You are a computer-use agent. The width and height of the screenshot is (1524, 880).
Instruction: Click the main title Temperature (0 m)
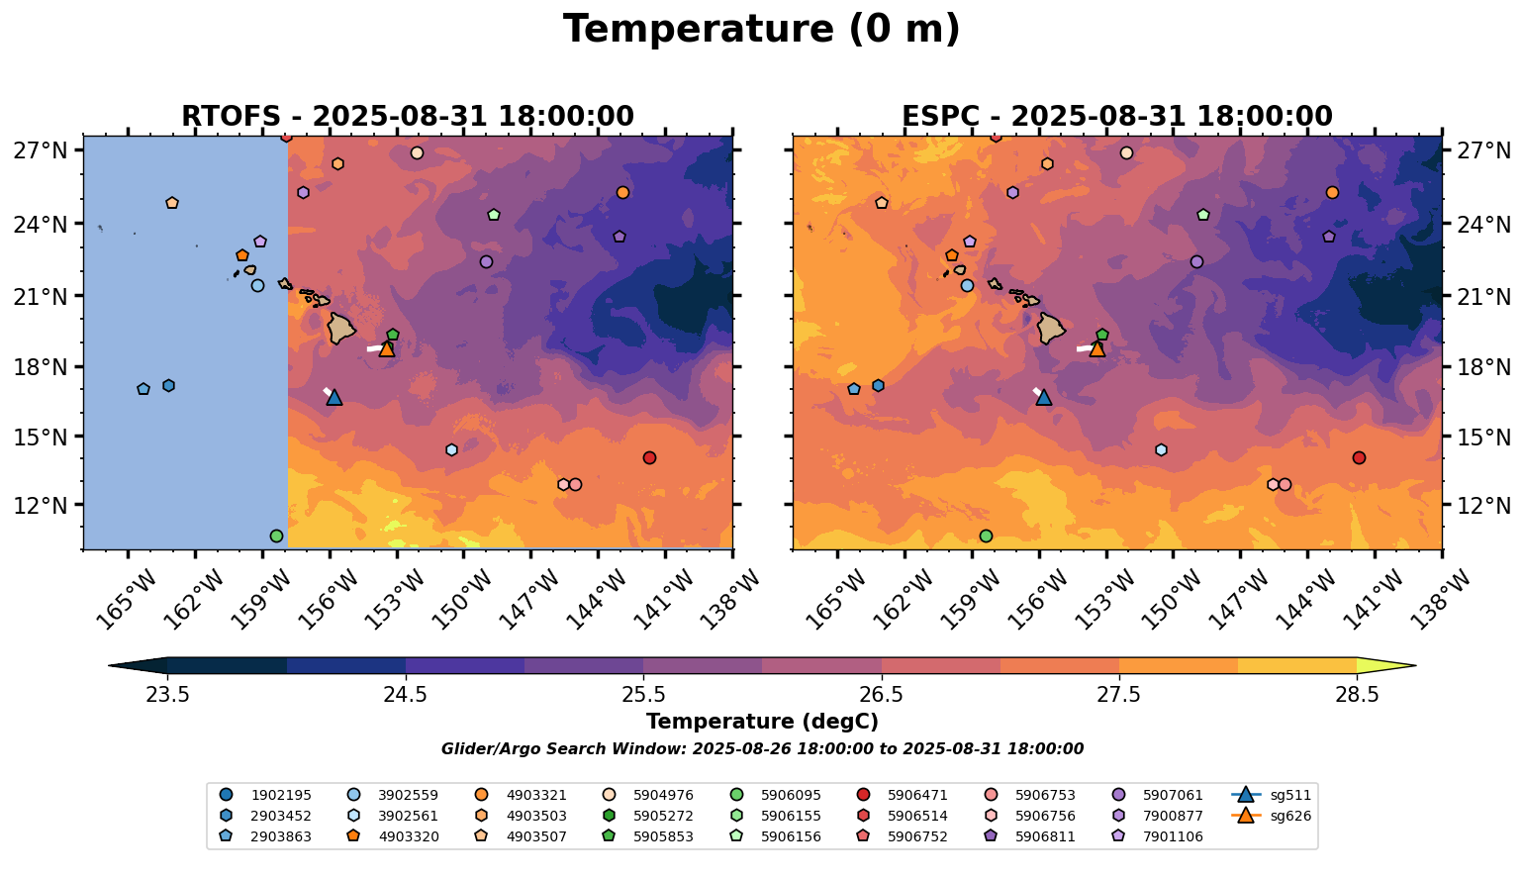761,30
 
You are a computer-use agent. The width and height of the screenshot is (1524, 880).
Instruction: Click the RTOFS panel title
407,117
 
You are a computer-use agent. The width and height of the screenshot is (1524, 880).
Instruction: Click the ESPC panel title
1116,117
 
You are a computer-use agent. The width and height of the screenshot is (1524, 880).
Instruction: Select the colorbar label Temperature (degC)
761,722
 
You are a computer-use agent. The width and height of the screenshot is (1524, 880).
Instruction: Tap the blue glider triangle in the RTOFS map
333,397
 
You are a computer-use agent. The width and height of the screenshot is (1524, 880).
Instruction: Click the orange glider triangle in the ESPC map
1096,348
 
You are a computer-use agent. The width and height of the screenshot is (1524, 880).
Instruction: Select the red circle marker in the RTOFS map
649,457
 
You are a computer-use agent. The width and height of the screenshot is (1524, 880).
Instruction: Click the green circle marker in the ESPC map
986,536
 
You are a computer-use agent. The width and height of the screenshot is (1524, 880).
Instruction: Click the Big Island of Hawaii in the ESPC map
1050,328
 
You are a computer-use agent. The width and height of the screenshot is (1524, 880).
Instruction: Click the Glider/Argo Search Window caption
761,749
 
